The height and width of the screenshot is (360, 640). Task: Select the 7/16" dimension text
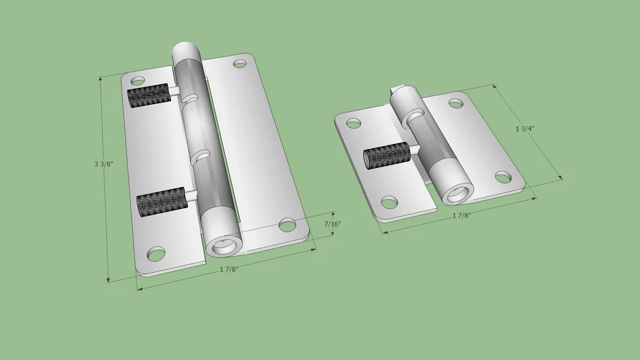tap(332, 224)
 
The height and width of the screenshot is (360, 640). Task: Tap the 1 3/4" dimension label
tap(525, 129)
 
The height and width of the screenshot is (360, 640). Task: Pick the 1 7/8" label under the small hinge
tap(461, 215)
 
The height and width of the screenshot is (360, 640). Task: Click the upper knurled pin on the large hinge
tap(150, 96)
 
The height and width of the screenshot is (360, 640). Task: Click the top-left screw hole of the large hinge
tap(138, 81)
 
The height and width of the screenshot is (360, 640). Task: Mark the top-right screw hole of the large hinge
tap(240, 64)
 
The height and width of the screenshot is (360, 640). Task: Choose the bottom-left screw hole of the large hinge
tap(156, 253)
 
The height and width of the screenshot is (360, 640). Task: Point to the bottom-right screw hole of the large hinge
tap(287, 225)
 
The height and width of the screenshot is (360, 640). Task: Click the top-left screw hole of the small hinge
tap(354, 124)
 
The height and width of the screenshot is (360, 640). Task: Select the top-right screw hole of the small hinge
tap(456, 103)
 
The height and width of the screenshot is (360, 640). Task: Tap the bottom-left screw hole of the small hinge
tap(389, 202)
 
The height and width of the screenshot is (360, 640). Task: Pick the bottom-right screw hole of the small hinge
tap(504, 176)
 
